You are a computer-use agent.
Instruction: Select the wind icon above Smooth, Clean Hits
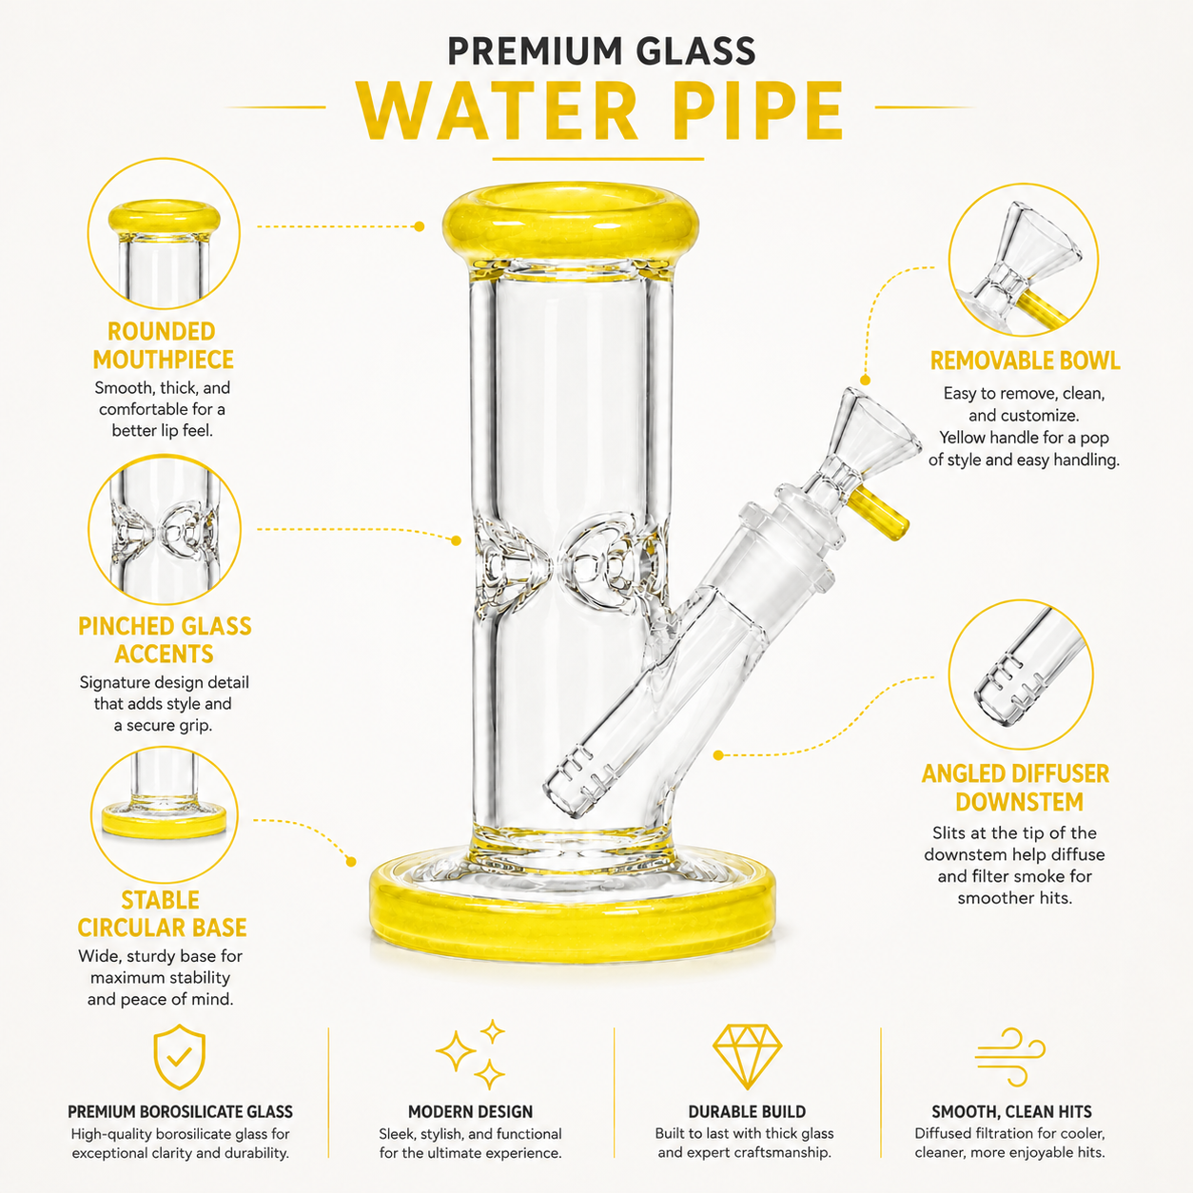(1009, 1056)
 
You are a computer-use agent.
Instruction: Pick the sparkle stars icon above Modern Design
(471, 1054)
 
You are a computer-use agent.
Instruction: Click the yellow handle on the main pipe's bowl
(879, 511)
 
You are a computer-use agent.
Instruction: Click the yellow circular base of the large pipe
(573, 913)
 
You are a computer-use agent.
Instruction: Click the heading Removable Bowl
(1025, 361)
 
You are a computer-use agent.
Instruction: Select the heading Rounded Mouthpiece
(162, 345)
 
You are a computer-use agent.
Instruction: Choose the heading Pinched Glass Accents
(165, 640)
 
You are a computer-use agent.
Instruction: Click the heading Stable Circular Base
(162, 914)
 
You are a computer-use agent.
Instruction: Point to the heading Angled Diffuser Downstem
(1015, 788)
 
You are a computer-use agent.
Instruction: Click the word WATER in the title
(497, 111)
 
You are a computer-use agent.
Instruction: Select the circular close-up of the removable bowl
(1024, 260)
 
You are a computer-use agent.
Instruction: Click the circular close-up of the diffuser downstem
(1021, 675)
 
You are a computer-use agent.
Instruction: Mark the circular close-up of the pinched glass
(165, 529)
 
